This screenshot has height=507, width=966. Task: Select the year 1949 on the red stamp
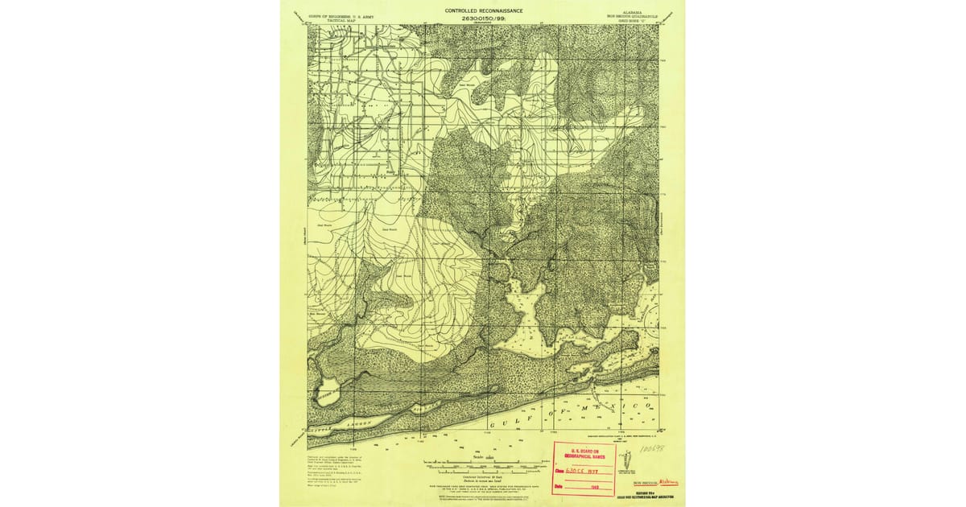click(596, 485)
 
